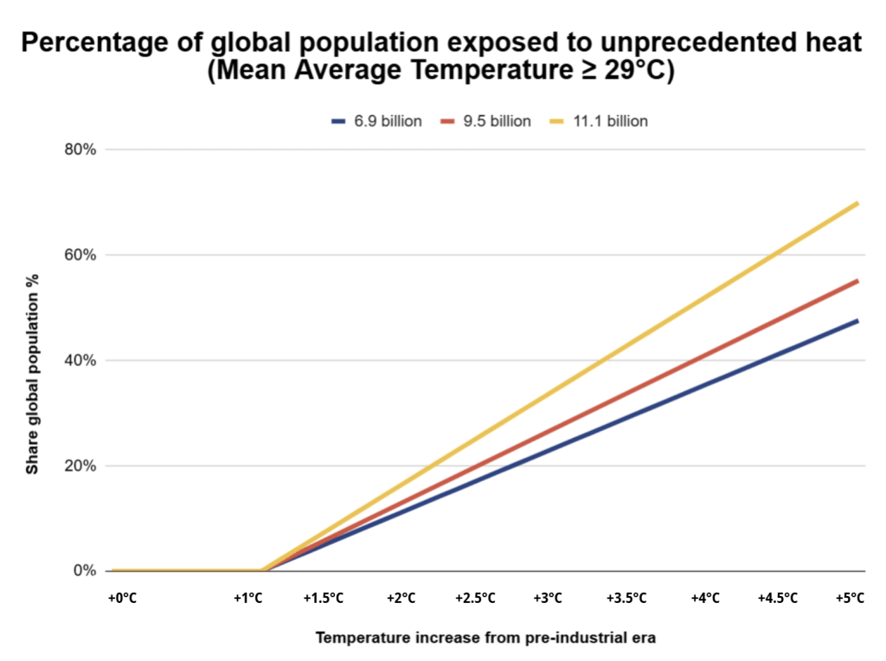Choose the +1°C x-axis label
point(248,599)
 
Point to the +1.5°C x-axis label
point(324,599)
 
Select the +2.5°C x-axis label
point(475,599)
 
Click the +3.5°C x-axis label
point(626,599)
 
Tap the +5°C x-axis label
point(850,599)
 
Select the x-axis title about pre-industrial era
point(485,639)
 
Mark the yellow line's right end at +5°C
point(857,203)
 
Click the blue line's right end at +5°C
point(857,321)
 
